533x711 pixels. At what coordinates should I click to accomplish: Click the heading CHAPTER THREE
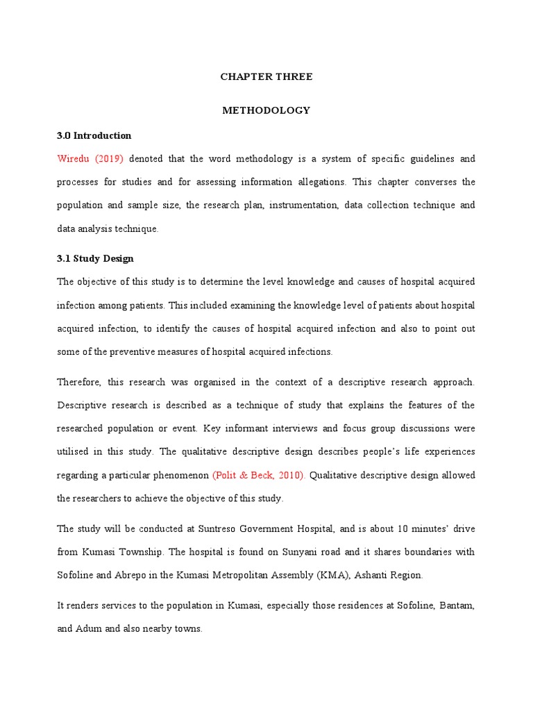pos(266,77)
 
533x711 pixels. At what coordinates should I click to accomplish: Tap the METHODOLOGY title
pos(266,110)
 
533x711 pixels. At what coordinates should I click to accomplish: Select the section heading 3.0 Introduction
pos(94,135)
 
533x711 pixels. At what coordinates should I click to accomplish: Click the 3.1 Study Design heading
pos(95,258)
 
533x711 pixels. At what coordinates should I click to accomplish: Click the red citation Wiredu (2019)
pos(90,159)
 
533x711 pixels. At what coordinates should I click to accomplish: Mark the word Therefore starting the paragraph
pos(79,383)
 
